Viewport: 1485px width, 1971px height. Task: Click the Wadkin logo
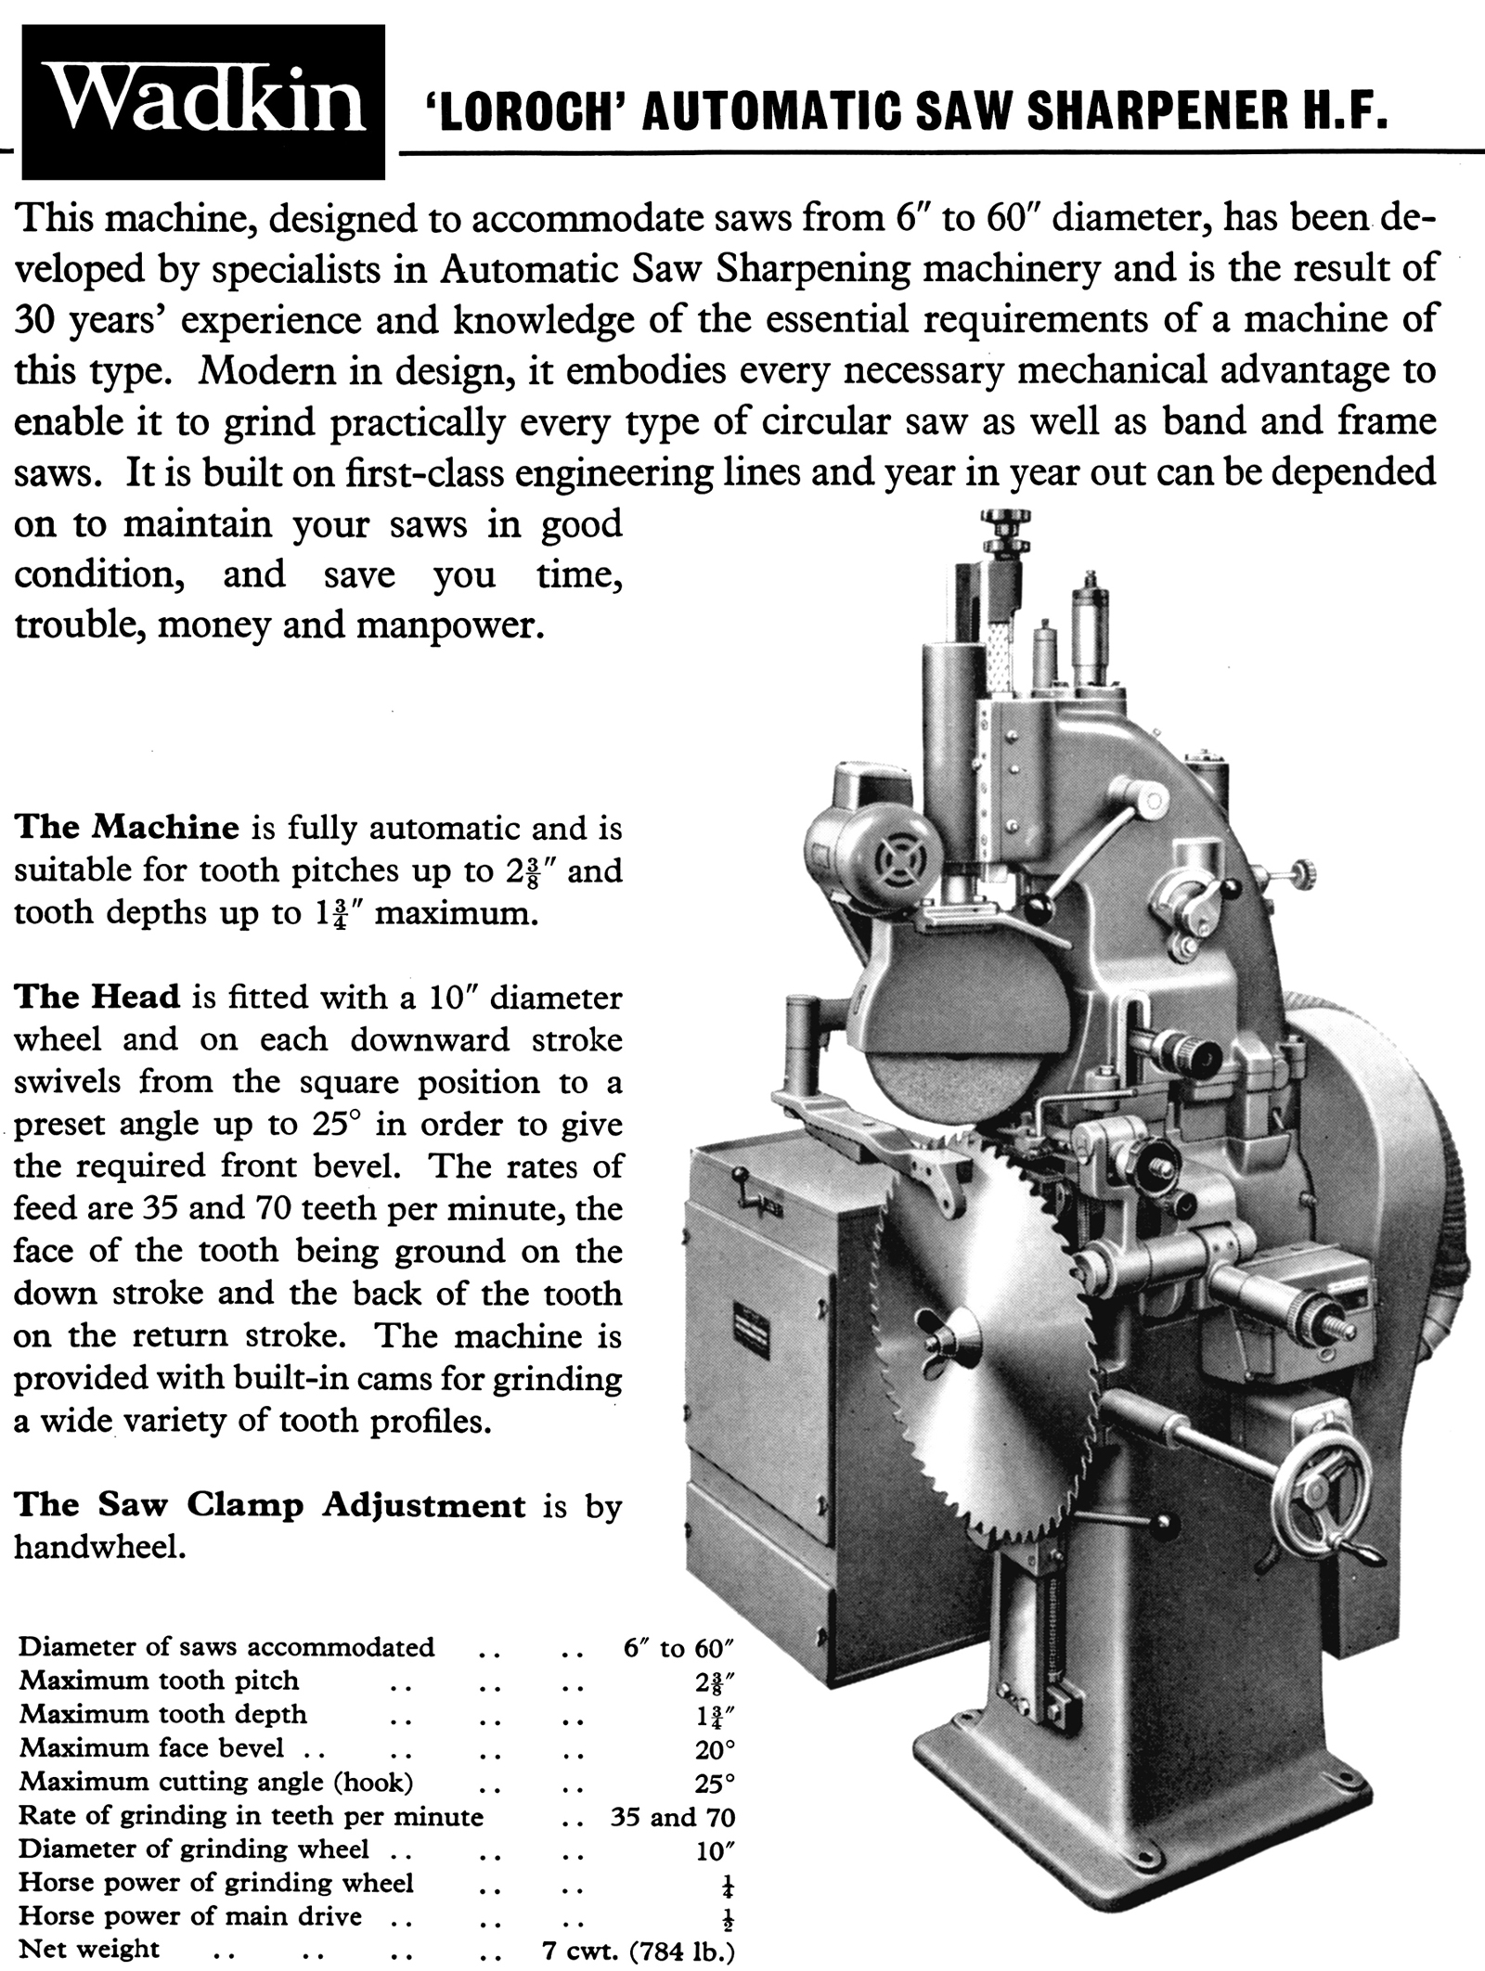[204, 101]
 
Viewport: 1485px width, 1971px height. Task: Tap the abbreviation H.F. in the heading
[1330, 119]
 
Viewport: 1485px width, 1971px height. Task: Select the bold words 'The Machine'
[127, 827]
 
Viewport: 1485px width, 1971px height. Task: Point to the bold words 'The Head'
[97, 997]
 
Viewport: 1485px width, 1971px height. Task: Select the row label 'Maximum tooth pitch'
[160, 1681]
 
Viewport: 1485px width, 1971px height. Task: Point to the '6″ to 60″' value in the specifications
[679, 1647]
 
